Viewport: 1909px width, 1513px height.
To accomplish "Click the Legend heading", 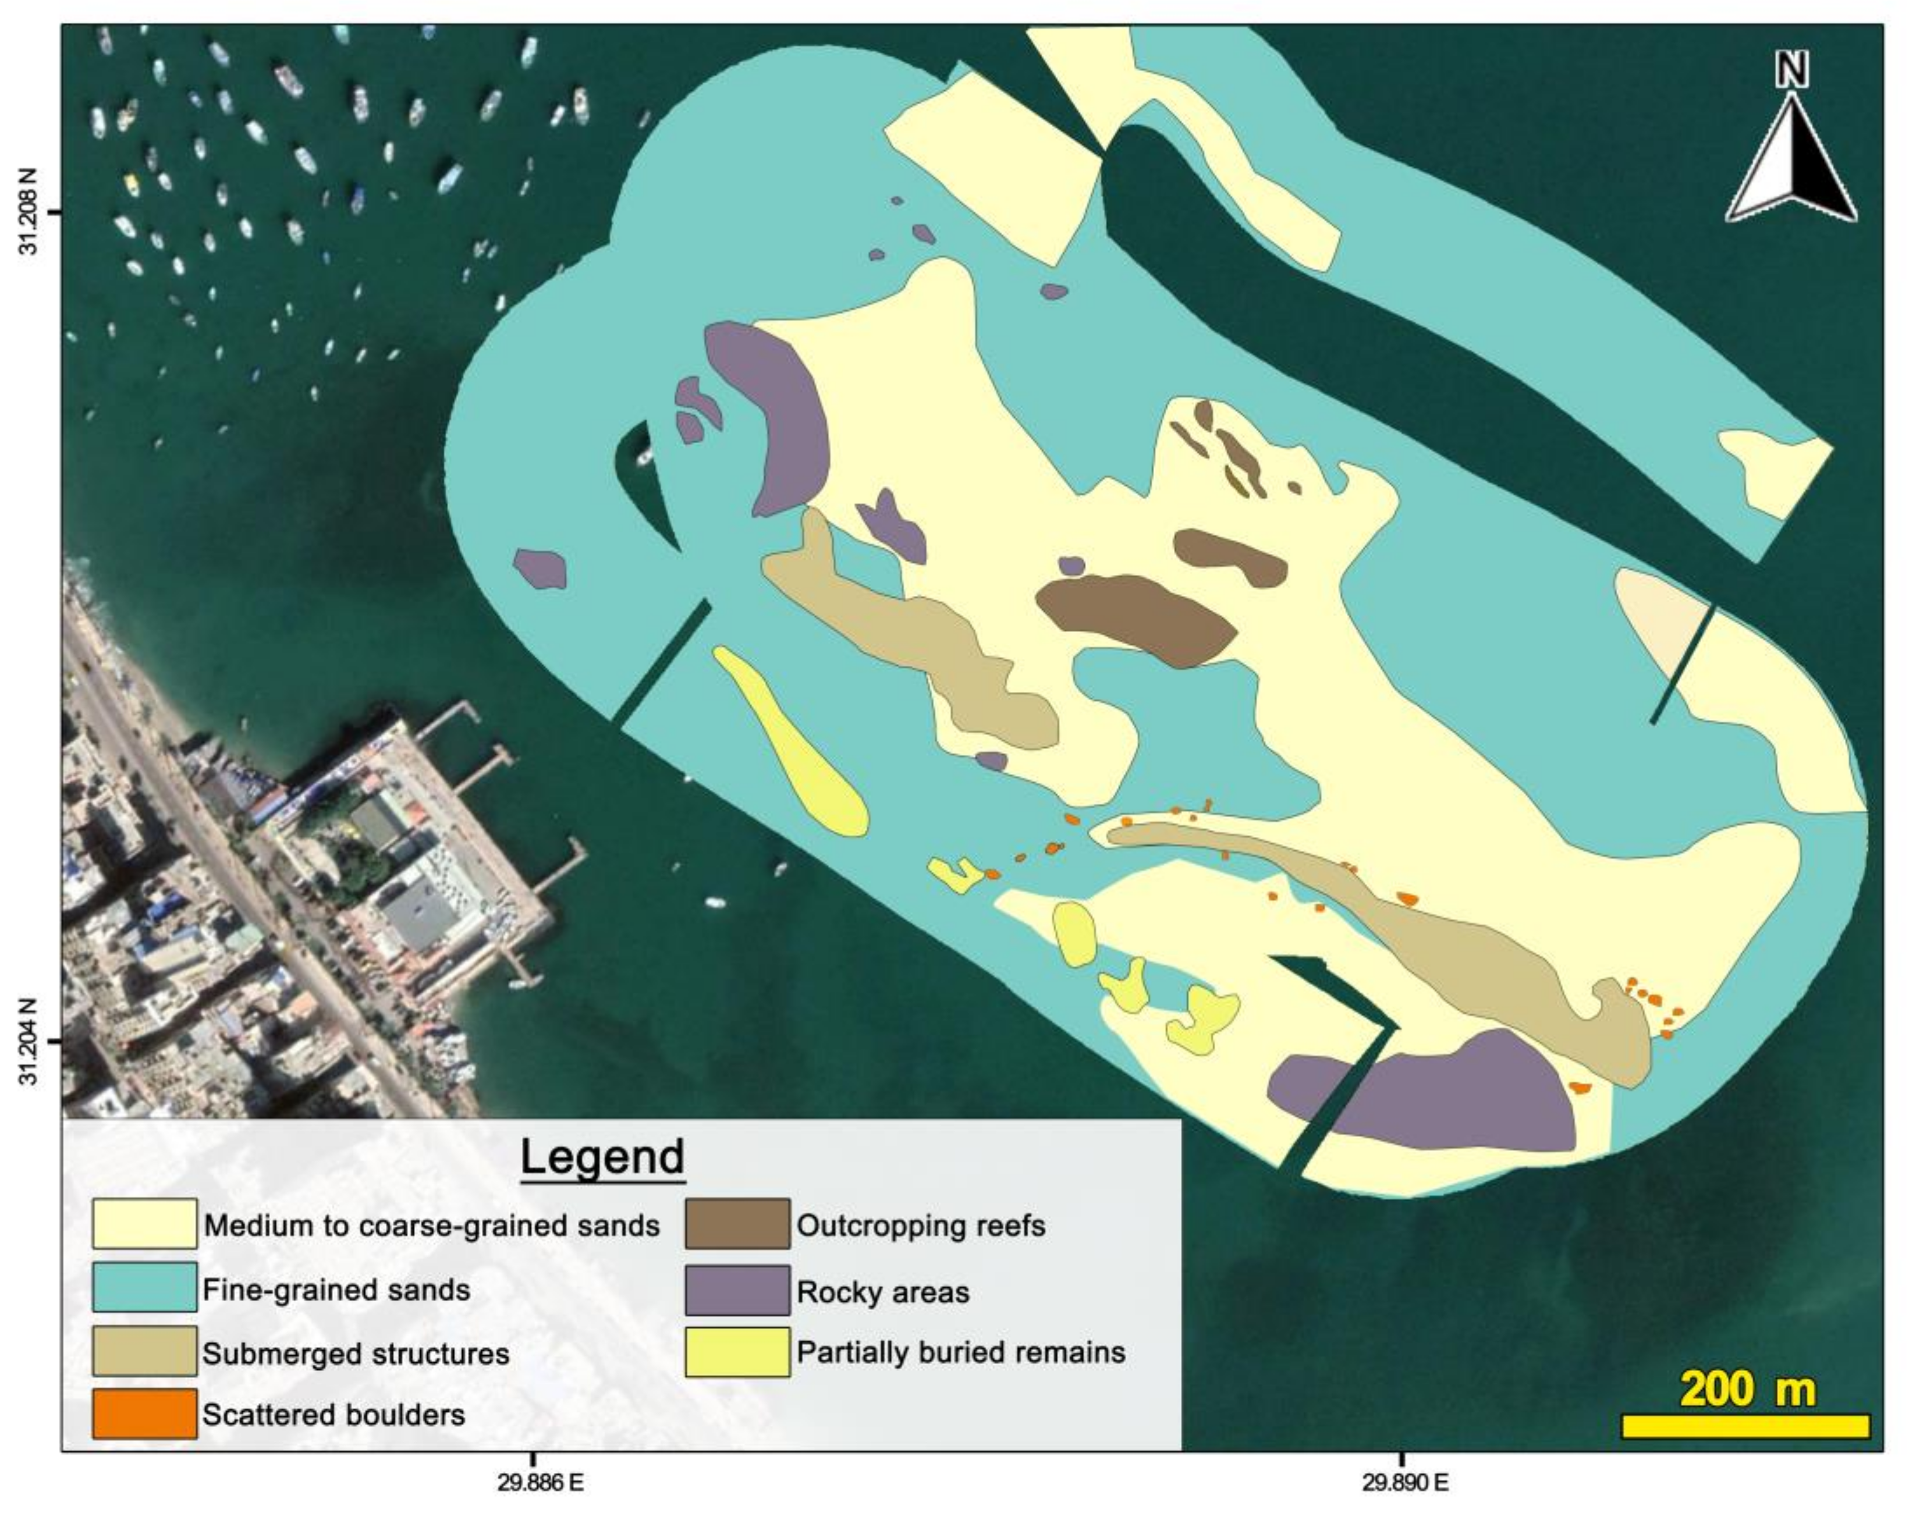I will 602,1157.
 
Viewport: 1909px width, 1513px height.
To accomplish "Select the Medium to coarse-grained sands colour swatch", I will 144,1224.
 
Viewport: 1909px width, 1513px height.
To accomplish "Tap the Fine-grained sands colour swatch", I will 144,1287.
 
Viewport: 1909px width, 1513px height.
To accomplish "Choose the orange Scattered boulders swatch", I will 144,1413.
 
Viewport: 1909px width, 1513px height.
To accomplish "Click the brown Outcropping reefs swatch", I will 737,1224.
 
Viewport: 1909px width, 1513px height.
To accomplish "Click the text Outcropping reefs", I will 921,1226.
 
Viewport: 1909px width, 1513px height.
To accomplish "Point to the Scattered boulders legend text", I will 334,1415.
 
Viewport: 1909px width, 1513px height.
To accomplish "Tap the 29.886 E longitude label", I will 540,1483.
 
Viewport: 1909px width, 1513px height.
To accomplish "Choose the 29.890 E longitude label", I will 1405,1483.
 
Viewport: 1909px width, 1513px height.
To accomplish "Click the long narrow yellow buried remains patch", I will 793,742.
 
